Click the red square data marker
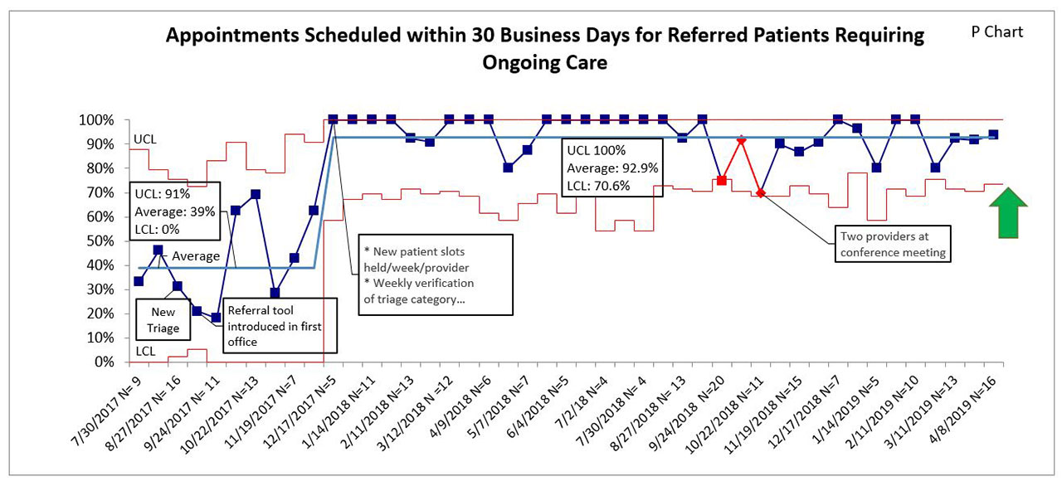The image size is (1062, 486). coord(722,180)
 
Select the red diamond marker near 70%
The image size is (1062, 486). coord(761,193)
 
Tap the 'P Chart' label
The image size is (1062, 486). coord(996,32)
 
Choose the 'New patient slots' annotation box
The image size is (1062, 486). coord(422,275)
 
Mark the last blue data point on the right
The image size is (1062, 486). coord(993,134)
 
